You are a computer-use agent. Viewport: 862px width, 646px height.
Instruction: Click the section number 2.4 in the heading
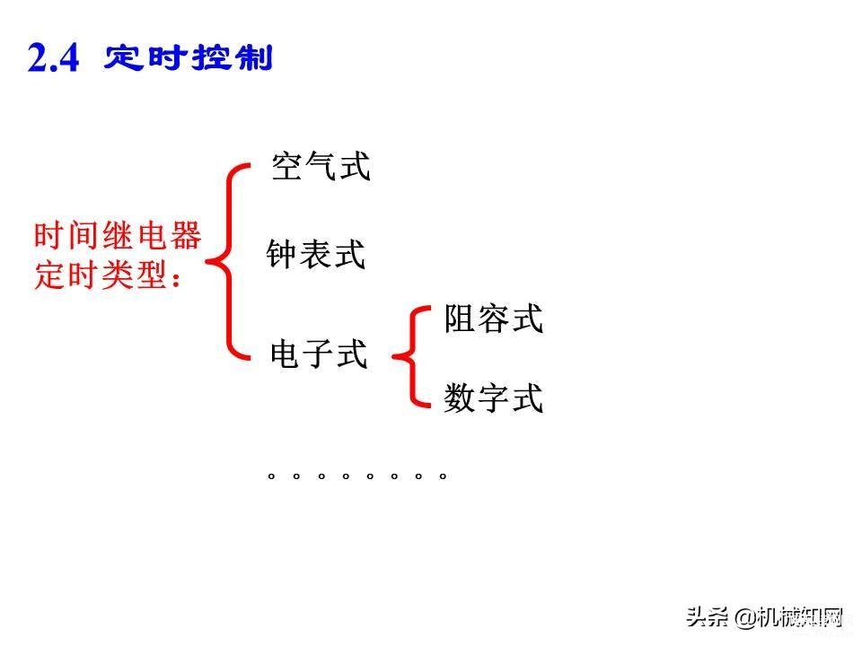pos(53,57)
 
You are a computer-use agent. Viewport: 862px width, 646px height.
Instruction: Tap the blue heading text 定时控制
pos(189,57)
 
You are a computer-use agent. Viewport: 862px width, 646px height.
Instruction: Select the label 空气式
pos(321,166)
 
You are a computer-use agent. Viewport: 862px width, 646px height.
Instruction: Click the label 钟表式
pos(316,254)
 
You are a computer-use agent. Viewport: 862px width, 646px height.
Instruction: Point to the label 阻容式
pos(494,319)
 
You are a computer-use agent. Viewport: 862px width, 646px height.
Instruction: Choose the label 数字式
pos(494,397)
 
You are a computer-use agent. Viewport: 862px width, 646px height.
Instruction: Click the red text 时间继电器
pos(118,236)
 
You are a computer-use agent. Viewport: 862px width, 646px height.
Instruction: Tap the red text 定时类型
pos(100,275)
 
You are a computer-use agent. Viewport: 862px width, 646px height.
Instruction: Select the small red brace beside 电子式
pos(412,357)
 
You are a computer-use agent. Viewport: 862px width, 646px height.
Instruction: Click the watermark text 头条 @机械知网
pos(765,617)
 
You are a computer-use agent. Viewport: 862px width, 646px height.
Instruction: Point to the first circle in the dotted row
pos(271,476)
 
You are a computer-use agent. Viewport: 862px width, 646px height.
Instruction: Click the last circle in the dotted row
pos(443,476)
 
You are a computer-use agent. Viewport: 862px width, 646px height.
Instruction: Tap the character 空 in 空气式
pos(287,166)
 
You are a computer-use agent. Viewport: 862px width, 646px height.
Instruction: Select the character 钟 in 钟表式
pos(282,254)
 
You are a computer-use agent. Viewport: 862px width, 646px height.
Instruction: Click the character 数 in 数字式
pos(460,397)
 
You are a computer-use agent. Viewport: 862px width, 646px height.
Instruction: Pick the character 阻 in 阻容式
pos(460,319)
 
